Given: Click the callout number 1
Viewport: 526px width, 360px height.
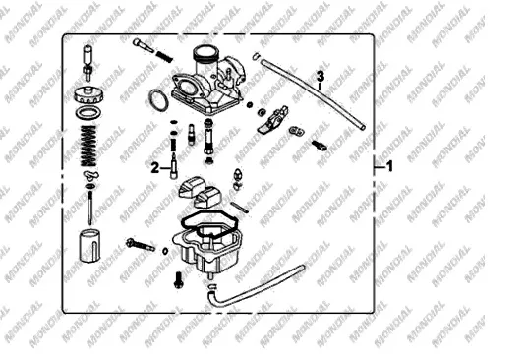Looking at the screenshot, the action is (389, 166).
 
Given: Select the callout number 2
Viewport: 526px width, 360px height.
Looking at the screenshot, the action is (155, 168).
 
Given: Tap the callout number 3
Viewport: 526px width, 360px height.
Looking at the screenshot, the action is (321, 76).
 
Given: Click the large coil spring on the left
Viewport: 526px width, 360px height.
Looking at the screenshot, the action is (88, 146).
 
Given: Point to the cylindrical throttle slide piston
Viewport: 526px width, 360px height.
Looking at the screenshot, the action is (89, 246).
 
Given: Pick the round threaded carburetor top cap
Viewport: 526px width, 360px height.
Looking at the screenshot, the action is (88, 95).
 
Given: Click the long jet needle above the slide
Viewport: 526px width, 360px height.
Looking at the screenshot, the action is (89, 208).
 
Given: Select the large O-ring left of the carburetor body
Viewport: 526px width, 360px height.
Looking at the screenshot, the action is (158, 100).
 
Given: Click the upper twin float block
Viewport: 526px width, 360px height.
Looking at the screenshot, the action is (191, 187).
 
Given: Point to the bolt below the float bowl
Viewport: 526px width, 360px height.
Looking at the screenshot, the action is (178, 280).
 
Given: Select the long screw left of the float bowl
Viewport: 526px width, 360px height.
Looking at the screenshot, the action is (141, 245).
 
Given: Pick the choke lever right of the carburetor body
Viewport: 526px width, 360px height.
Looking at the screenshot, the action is (273, 119).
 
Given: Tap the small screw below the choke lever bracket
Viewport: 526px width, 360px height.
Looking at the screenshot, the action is (319, 145).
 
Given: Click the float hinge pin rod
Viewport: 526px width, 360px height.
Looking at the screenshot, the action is (240, 208).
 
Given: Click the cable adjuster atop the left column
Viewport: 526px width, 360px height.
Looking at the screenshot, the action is (88, 63).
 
